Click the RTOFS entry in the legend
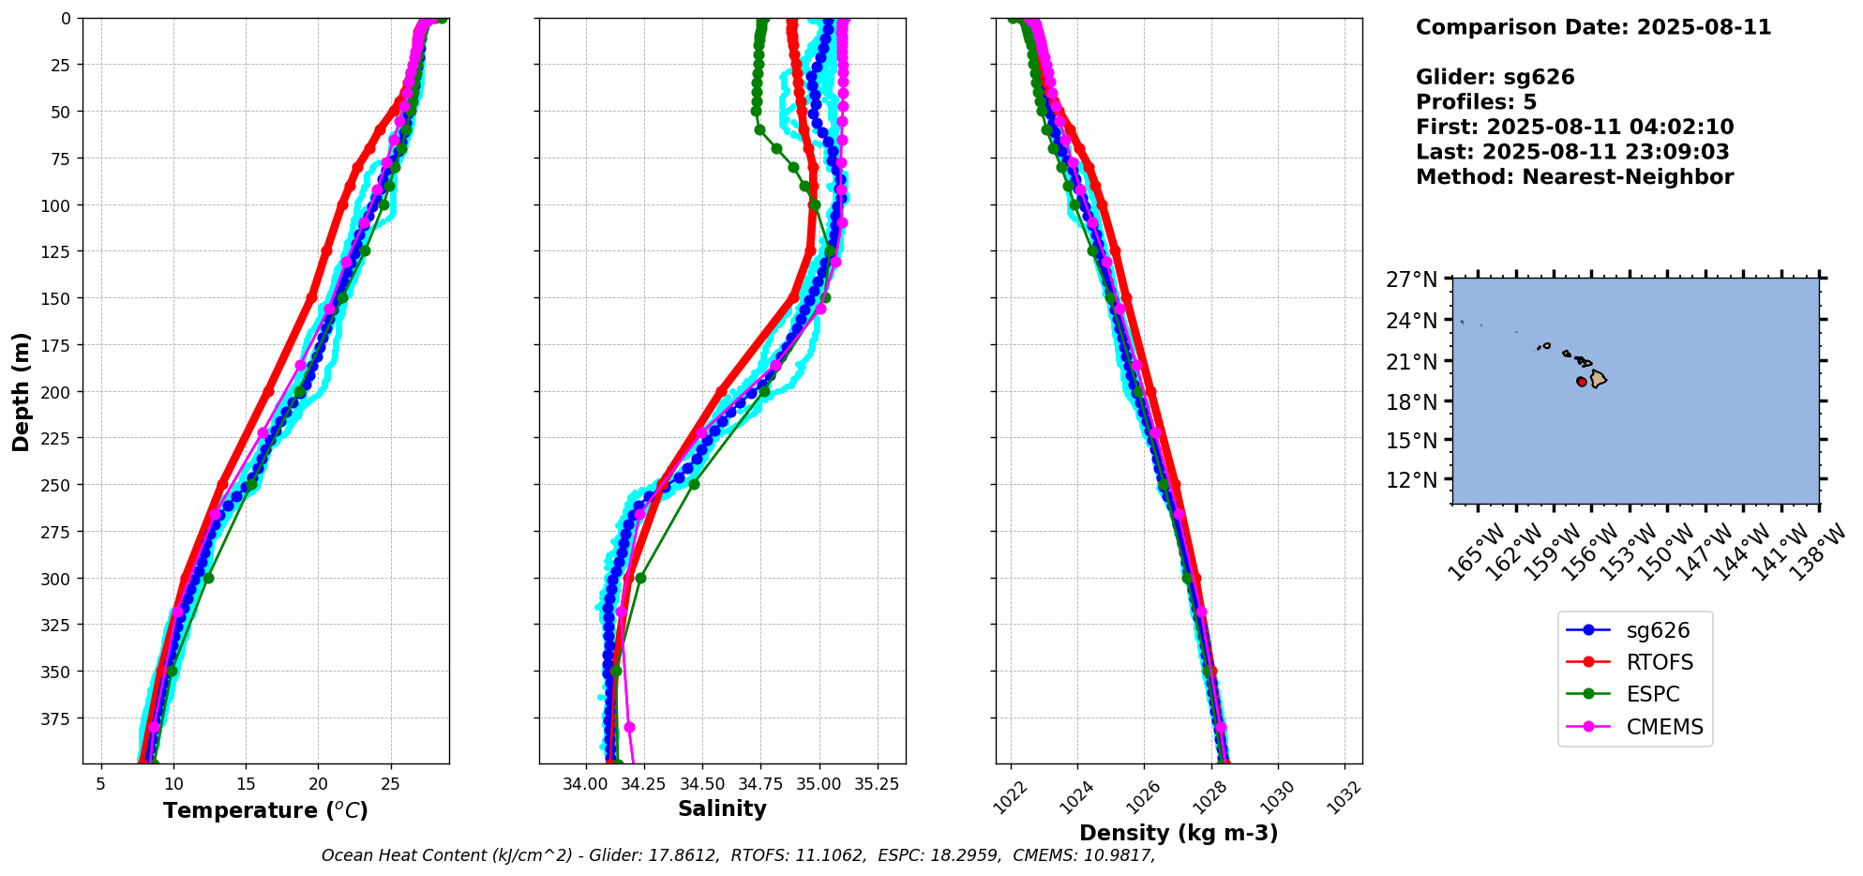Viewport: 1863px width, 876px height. pyautogui.click(x=1660, y=662)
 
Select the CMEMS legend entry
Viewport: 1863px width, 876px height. pyautogui.click(x=1664, y=727)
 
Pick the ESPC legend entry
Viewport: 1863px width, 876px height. pyautogui.click(x=1653, y=694)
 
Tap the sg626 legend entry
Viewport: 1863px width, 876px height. pyautogui.click(x=1658, y=630)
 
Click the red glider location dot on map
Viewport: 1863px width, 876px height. pyautogui.click(x=1582, y=382)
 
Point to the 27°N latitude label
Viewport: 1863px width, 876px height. pyautogui.click(x=1412, y=279)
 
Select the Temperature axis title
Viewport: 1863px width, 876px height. pyautogui.click(x=265, y=810)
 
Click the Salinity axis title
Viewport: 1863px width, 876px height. pyautogui.click(x=722, y=808)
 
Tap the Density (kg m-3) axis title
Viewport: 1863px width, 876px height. pyautogui.click(x=1179, y=833)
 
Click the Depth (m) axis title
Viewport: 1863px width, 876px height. pyautogui.click(x=22, y=391)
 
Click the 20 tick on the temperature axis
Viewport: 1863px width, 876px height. pyautogui.click(x=318, y=783)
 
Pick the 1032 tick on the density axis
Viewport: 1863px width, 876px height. pyautogui.click(x=1343, y=797)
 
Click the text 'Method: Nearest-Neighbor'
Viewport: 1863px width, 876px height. pyautogui.click(x=1574, y=177)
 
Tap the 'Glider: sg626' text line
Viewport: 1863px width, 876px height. pyautogui.click(x=1495, y=77)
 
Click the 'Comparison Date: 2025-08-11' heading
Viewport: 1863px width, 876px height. pyautogui.click(x=1593, y=27)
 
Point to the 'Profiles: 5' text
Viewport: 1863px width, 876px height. pyautogui.click(x=1476, y=102)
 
